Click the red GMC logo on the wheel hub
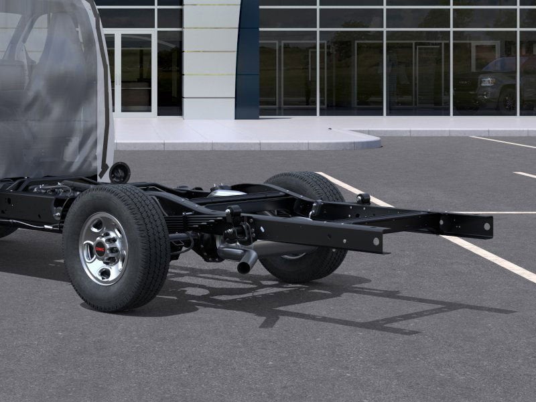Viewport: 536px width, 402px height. pyautogui.click(x=100, y=249)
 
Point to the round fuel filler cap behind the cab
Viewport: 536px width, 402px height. pyautogui.click(x=120, y=172)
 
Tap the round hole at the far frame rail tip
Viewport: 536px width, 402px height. pyautogui.click(x=486, y=226)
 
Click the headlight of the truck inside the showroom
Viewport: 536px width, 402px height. pyautogui.click(x=487, y=82)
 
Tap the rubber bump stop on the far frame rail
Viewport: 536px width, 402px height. pyautogui.click(x=363, y=199)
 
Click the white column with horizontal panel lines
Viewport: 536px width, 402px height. pyautogui.click(x=209, y=60)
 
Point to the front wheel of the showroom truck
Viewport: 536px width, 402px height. pyautogui.click(x=507, y=100)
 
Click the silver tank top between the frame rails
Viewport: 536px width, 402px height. pyautogui.click(x=224, y=192)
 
